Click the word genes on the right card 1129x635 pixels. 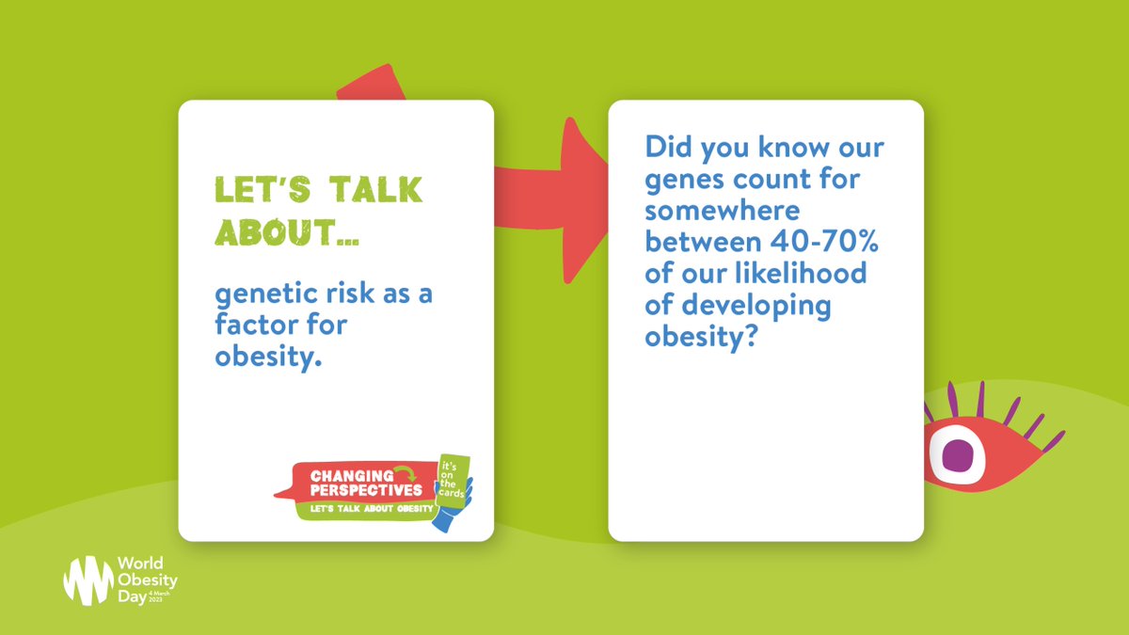(692, 179)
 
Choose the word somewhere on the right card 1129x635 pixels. (722, 211)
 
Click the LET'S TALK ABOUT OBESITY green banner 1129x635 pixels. (366, 509)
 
